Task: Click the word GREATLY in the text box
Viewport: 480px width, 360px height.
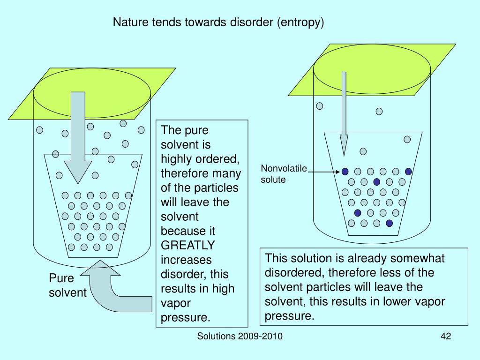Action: tap(188, 245)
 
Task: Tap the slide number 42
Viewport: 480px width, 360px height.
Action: tap(445, 337)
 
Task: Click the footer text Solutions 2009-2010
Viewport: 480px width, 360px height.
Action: tap(240, 337)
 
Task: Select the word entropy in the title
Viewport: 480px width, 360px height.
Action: tap(301, 22)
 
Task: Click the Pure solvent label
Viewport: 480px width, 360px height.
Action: tap(68, 285)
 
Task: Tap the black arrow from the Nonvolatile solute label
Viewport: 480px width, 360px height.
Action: tap(324, 172)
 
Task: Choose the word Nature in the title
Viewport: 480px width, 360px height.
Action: tap(129, 22)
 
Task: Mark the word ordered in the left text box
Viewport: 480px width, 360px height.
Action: tap(215, 159)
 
